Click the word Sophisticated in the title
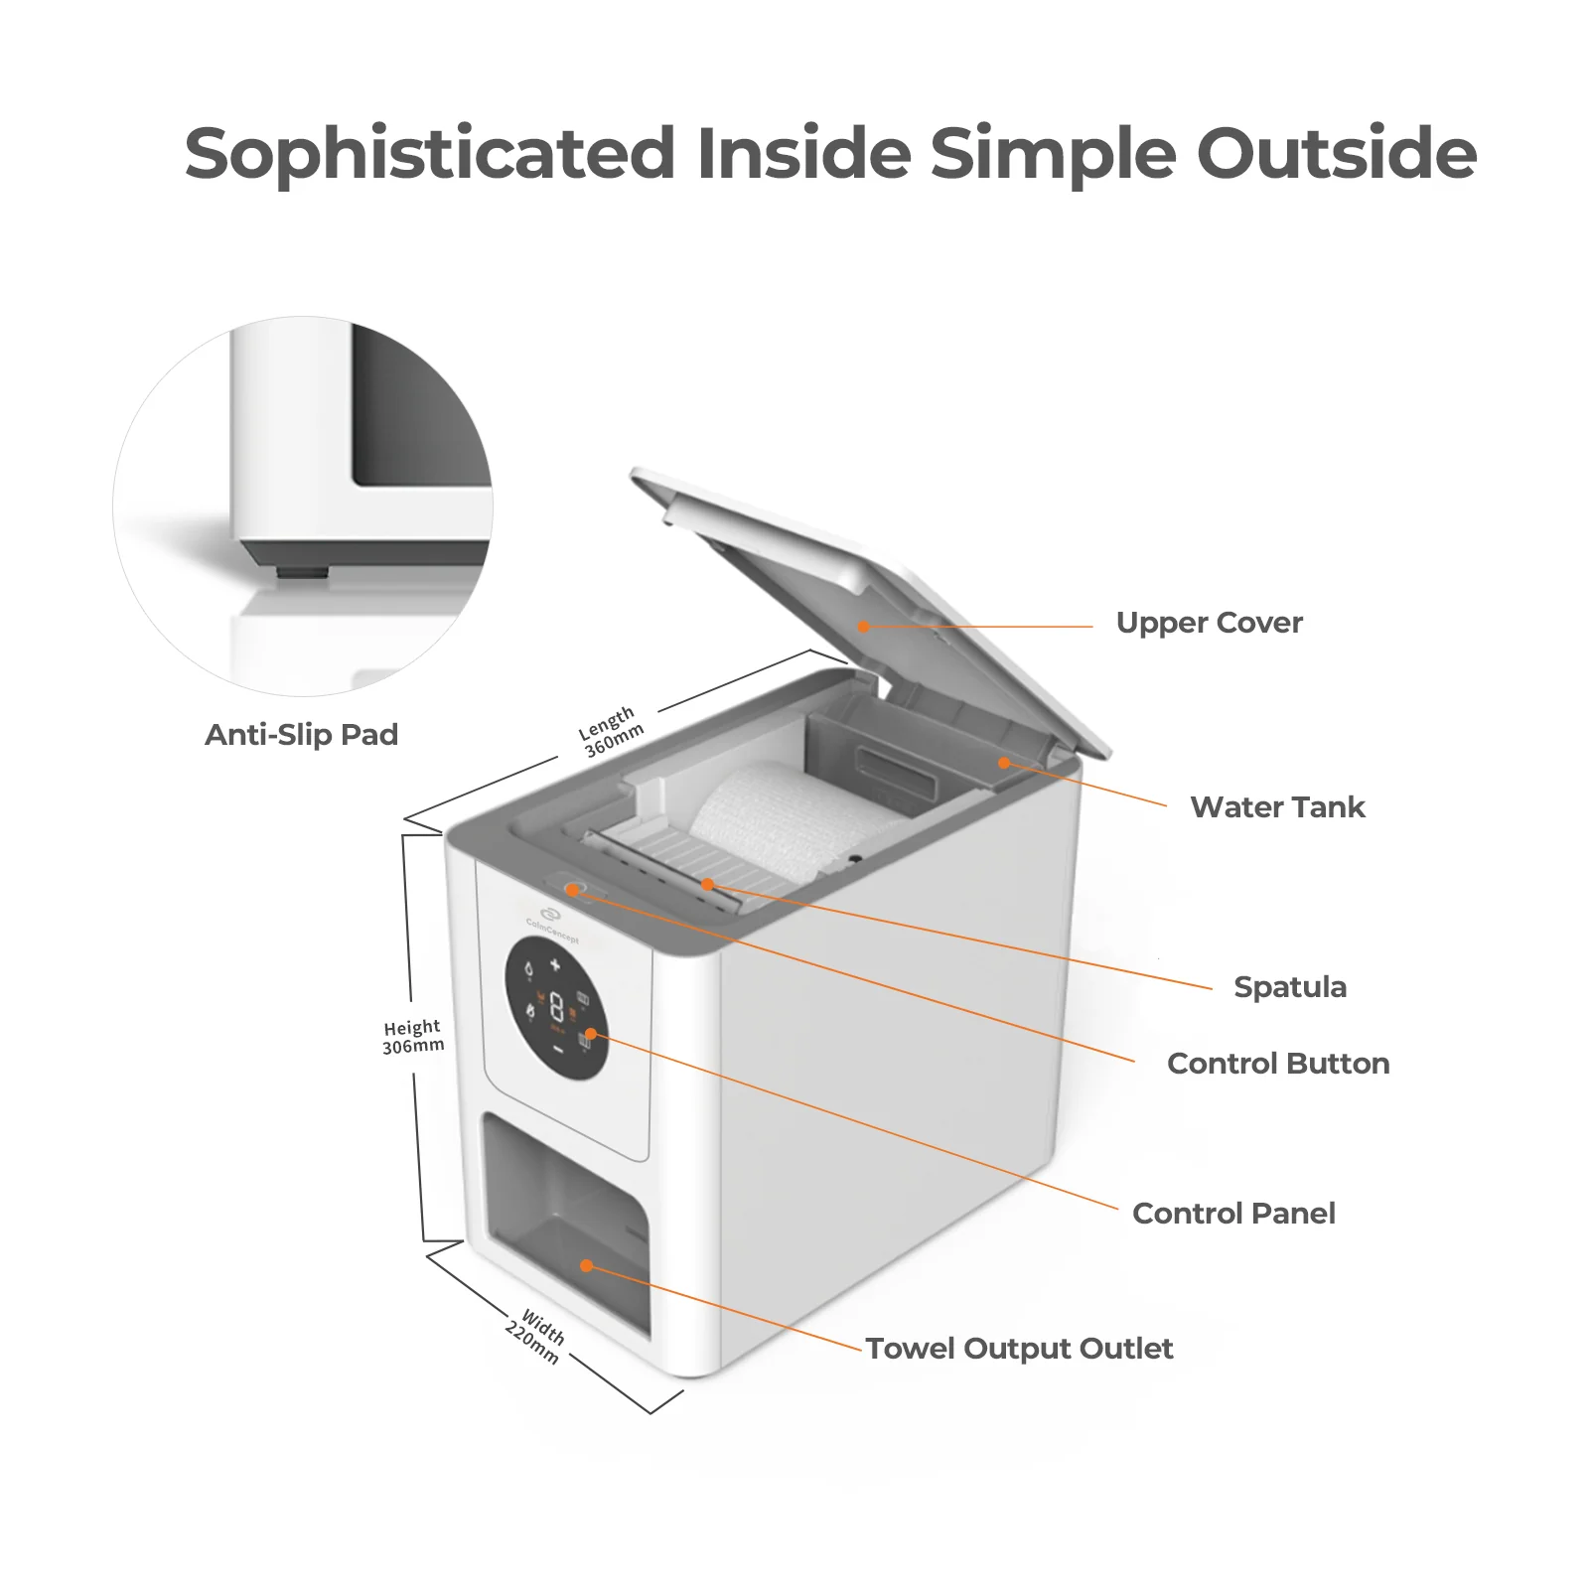coord(429,155)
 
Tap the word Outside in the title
coord(1337,153)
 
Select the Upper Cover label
coord(1209,623)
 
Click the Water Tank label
coord(1277,807)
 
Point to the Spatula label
coord(1290,987)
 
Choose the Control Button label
coord(1278,1064)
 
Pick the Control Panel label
coord(1233,1214)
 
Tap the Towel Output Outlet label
coord(1019,1349)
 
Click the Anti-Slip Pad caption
coord(301,735)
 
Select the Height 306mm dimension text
coord(413,1037)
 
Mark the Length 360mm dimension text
coord(611,732)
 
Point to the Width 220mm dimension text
coord(537,1336)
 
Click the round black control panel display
coord(556,1007)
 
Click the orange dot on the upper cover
coord(863,627)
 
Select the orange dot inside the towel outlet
coord(586,1266)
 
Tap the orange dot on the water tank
coord(1004,763)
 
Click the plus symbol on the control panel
coord(555,964)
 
